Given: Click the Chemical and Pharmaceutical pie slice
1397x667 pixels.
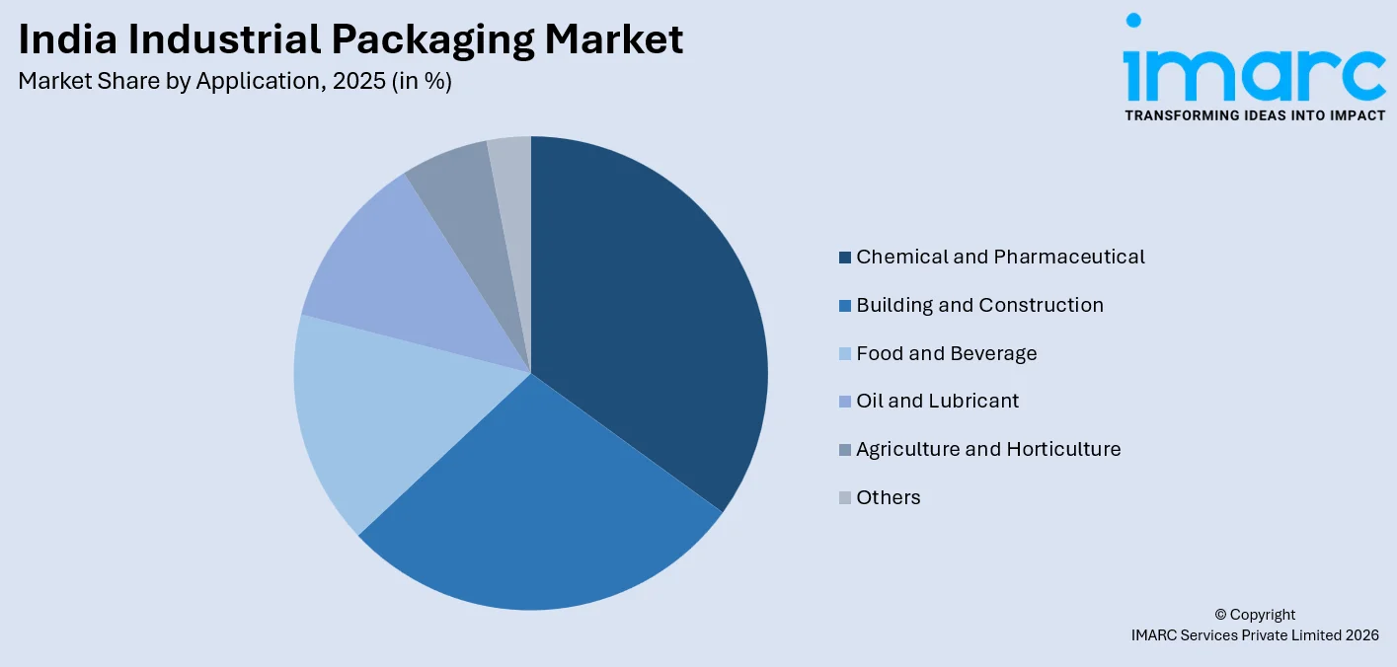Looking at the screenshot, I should point(652,316).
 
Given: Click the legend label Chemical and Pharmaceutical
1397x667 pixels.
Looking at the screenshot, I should point(1000,257).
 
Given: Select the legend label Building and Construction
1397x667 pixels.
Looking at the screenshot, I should point(979,305).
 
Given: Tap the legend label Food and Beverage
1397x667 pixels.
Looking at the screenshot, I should point(946,353).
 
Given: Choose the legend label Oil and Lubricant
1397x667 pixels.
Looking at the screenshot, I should point(937,401).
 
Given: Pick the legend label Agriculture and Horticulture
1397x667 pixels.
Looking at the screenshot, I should point(988,449).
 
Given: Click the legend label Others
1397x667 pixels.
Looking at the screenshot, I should point(888,497).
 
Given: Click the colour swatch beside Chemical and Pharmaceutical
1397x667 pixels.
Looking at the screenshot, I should point(845,258).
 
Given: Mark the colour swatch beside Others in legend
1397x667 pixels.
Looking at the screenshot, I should point(845,498).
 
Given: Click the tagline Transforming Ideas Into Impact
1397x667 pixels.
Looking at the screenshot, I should point(1254,115).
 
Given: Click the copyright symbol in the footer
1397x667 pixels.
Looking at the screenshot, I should point(1221,615).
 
